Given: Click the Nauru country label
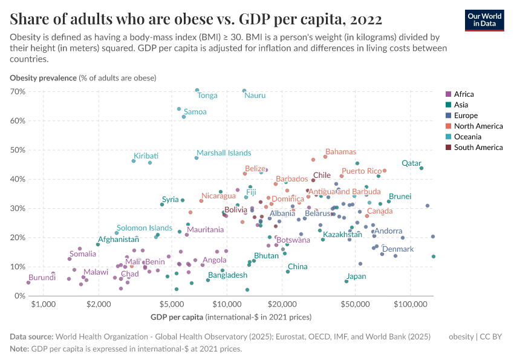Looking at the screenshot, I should point(255,96).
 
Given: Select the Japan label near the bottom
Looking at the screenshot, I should point(356,276).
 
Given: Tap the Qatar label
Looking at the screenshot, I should point(411,163).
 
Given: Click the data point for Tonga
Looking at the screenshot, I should point(197,90).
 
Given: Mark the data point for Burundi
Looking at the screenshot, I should point(28,283).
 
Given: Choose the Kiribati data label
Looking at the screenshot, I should point(146,155).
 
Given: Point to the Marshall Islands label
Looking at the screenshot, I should point(224,153).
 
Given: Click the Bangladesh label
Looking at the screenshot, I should point(227,275).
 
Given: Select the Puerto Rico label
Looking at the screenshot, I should point(361,171).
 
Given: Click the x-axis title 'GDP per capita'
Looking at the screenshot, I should point(176,317).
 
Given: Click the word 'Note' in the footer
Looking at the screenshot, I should point(19,349).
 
